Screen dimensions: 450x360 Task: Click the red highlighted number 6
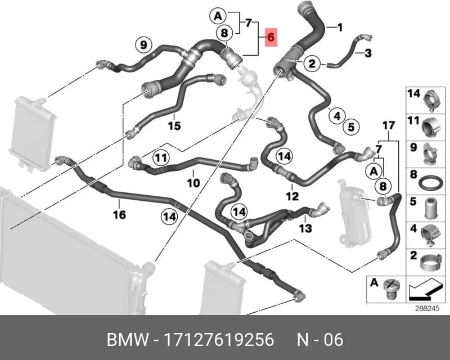(x=271, y=37)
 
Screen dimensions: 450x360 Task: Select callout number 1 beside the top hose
(x=340, y=28)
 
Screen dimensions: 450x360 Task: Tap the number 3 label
(x=368, y=53)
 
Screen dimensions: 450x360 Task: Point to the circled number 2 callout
(x=312, y=63)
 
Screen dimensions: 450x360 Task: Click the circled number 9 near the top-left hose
(x=143, y=45)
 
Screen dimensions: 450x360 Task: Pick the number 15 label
(x=174, y=126)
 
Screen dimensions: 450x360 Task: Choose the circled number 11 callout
(x=161, y=157)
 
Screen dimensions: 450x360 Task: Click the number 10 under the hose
(x=193, y=183)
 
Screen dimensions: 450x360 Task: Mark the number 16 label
(x=119, y=214)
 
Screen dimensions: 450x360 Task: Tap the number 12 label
(x=292, y=196)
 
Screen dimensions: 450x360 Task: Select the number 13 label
(x=305, y=228)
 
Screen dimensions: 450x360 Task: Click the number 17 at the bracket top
(x=389, y=126)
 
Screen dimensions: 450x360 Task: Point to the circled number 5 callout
(x=351, y=127)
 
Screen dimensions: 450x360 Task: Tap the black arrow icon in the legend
(x=424, y=289)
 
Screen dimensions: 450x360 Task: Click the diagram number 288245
(x=427, y=309)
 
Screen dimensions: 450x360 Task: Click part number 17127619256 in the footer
(x=219, y=340)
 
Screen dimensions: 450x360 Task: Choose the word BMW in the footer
(x=128, y=340)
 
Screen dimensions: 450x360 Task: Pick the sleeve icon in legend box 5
(x=431, y=208)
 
